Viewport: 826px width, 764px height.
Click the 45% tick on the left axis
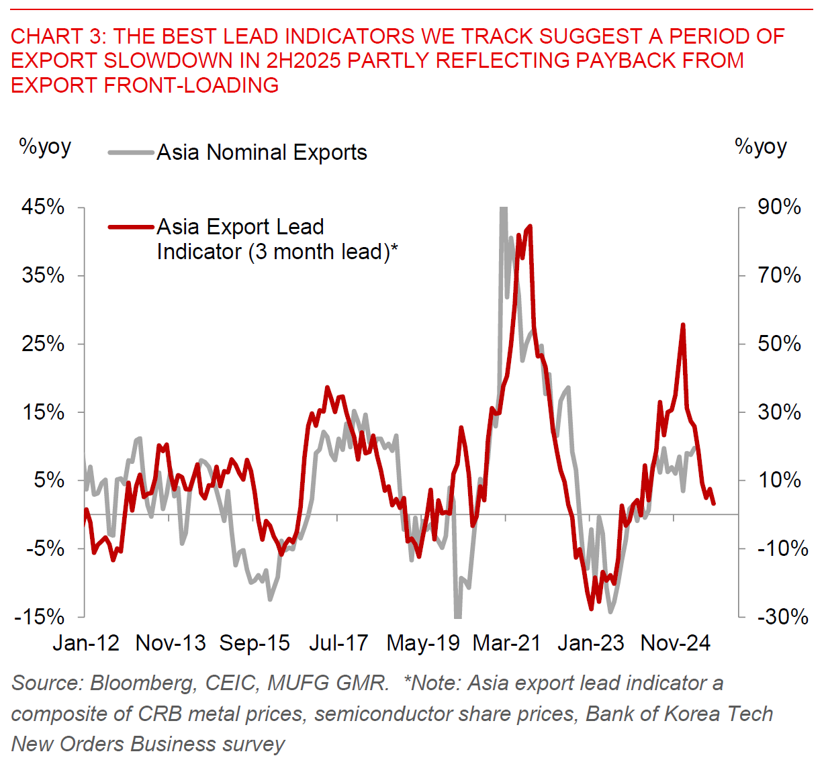[x=43, y=207]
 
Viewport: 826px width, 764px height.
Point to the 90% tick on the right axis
[x=779, y=207]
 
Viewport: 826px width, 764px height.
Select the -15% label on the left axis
[x=40, y=617]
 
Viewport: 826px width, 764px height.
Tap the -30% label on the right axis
[x=782, y=617]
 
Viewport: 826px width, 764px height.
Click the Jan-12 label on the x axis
[x=86, y=643]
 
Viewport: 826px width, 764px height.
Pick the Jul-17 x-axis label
[x=338, y=643]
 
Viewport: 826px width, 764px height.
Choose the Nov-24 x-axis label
[x=676, y=643]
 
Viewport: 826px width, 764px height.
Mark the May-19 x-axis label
[x=423, y=643]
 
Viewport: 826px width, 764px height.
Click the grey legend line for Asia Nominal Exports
[x=131, y=153]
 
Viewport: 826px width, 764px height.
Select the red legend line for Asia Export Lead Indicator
[x=131, y=228]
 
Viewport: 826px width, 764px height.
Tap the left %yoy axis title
[x=45, y=146]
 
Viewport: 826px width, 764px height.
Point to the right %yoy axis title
[x=761, y=146]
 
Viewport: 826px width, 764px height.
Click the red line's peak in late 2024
[x=683, y=325]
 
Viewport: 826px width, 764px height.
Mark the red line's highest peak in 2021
[x=531, y=226]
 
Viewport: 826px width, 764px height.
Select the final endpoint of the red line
[x=714, y=504]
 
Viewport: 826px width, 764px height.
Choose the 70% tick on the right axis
[x=779, y=275]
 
